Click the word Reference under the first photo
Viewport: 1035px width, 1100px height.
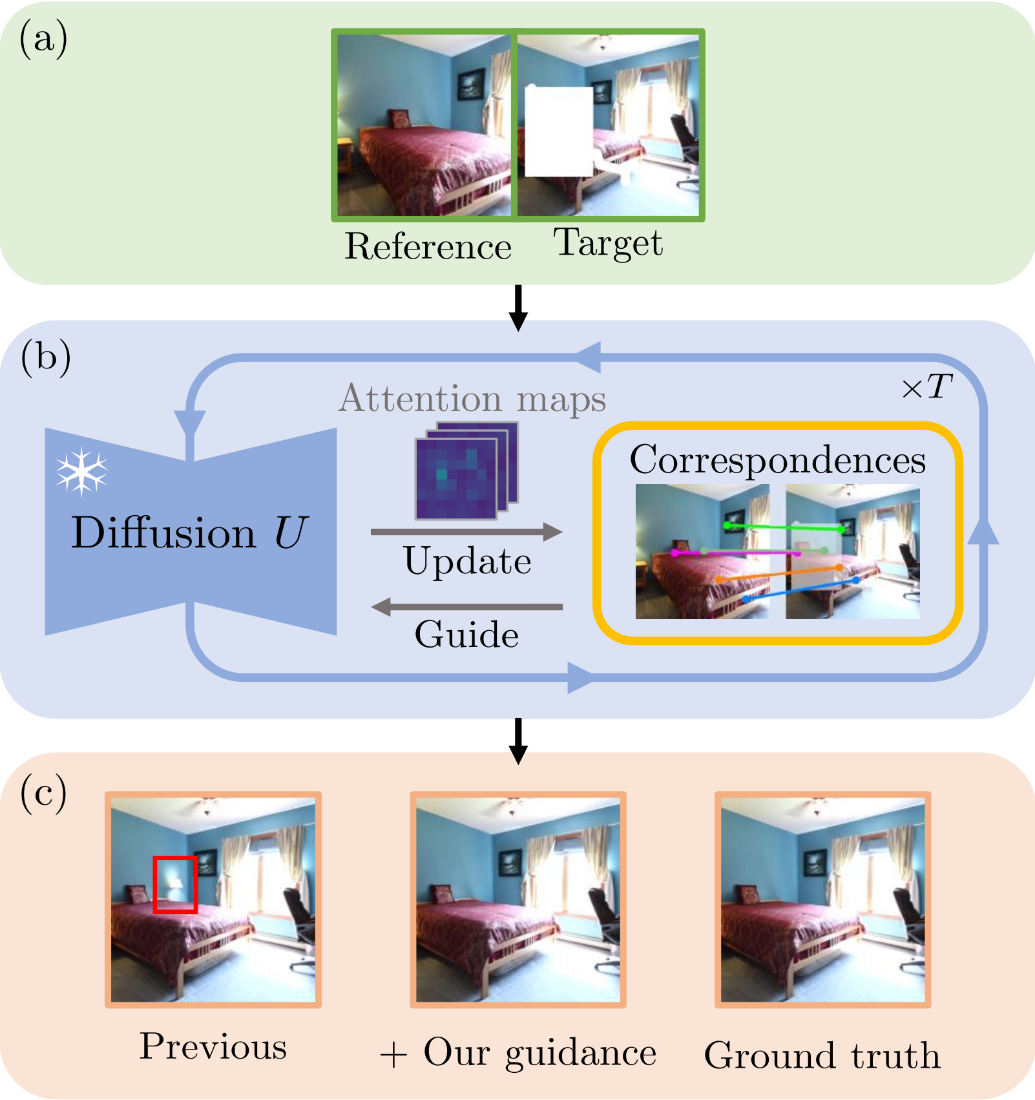click(428, 246)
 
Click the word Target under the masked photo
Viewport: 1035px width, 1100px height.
click(608, 244)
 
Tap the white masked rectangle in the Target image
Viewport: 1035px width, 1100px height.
click(559, 131)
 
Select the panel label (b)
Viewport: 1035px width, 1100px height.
click(45, 357)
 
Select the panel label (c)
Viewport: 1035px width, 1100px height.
click(43, 792)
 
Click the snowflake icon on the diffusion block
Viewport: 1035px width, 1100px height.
click(81, 471)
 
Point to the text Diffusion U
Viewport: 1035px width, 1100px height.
click(189, 533)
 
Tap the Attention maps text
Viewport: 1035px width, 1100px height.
click(472, 398)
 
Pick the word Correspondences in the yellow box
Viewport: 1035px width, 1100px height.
click(778, 460)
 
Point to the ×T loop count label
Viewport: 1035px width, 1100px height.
click(927, 387)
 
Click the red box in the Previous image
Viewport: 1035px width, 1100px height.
click(175, 884)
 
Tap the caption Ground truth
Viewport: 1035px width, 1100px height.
click(822, 1055)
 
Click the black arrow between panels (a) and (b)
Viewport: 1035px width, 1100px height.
click(518, 308)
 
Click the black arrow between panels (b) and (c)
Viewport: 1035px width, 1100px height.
click(518, 741)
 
